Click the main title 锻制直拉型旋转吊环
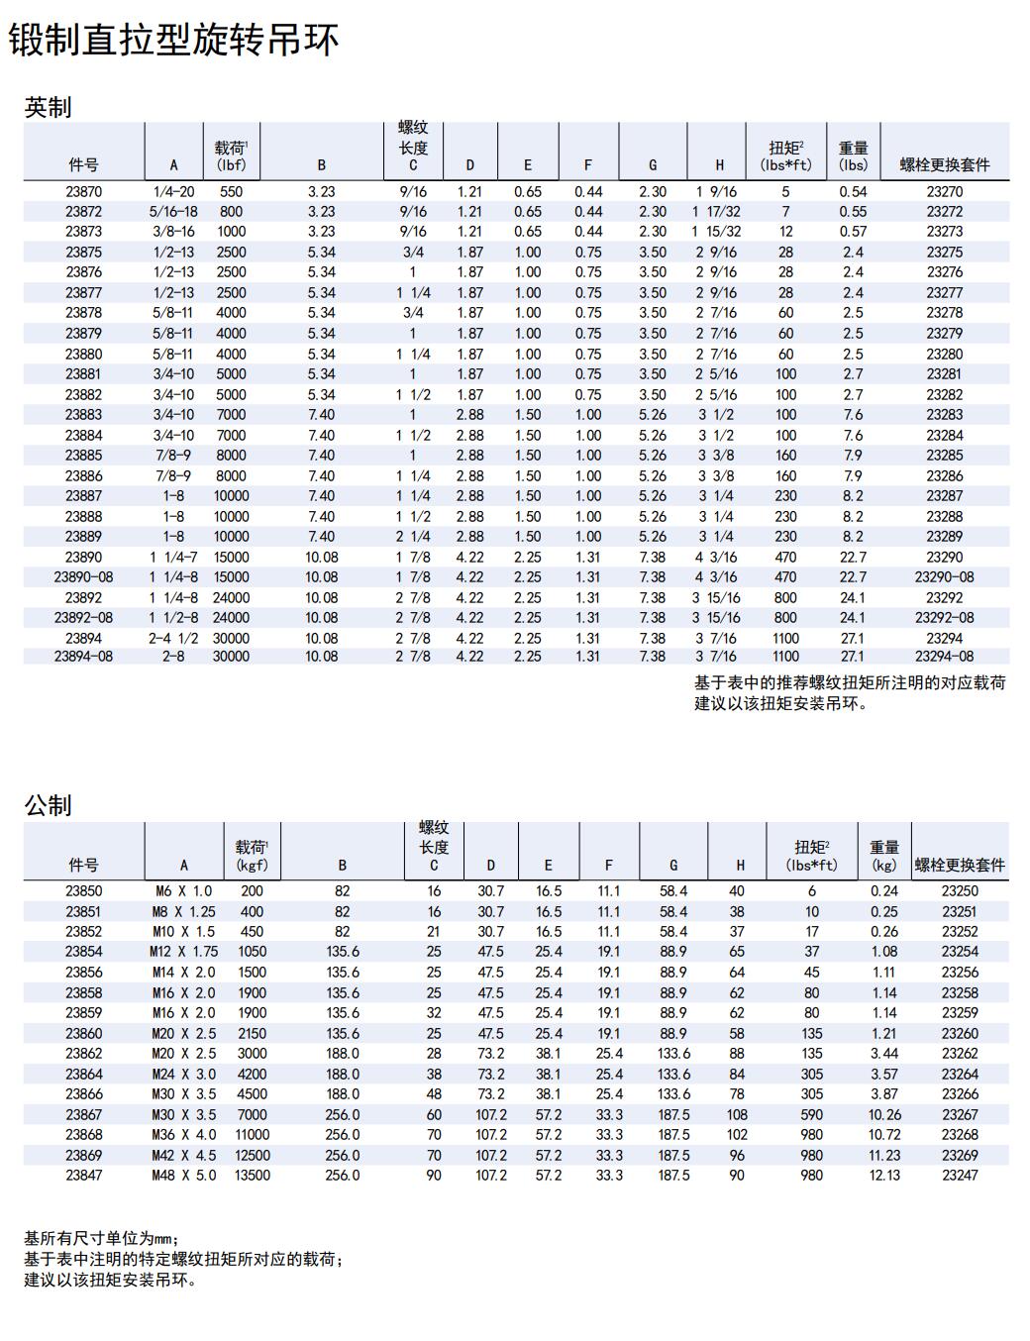[174, 41]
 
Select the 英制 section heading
[48, 107]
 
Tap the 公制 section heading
[48, 805]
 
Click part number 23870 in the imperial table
[83, 191]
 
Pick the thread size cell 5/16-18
[173, 211]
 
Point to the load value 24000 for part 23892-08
[231, 617]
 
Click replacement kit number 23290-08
[944, 576]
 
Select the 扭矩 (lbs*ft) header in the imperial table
[785, 156]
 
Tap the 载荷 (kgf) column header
[252, 856]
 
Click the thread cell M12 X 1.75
[184, 951]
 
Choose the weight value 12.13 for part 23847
[883, 1175]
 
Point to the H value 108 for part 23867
[737, 1114]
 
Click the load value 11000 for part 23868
[252, 1134]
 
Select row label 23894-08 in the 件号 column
[83, 656]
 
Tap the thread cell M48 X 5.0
[184, 1175]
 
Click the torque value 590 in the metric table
[812, 1114]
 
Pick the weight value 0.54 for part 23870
[853, 191]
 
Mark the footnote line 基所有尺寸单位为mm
[101, 1238]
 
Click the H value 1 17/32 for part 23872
[716, 211]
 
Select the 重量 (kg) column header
[883, 856]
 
